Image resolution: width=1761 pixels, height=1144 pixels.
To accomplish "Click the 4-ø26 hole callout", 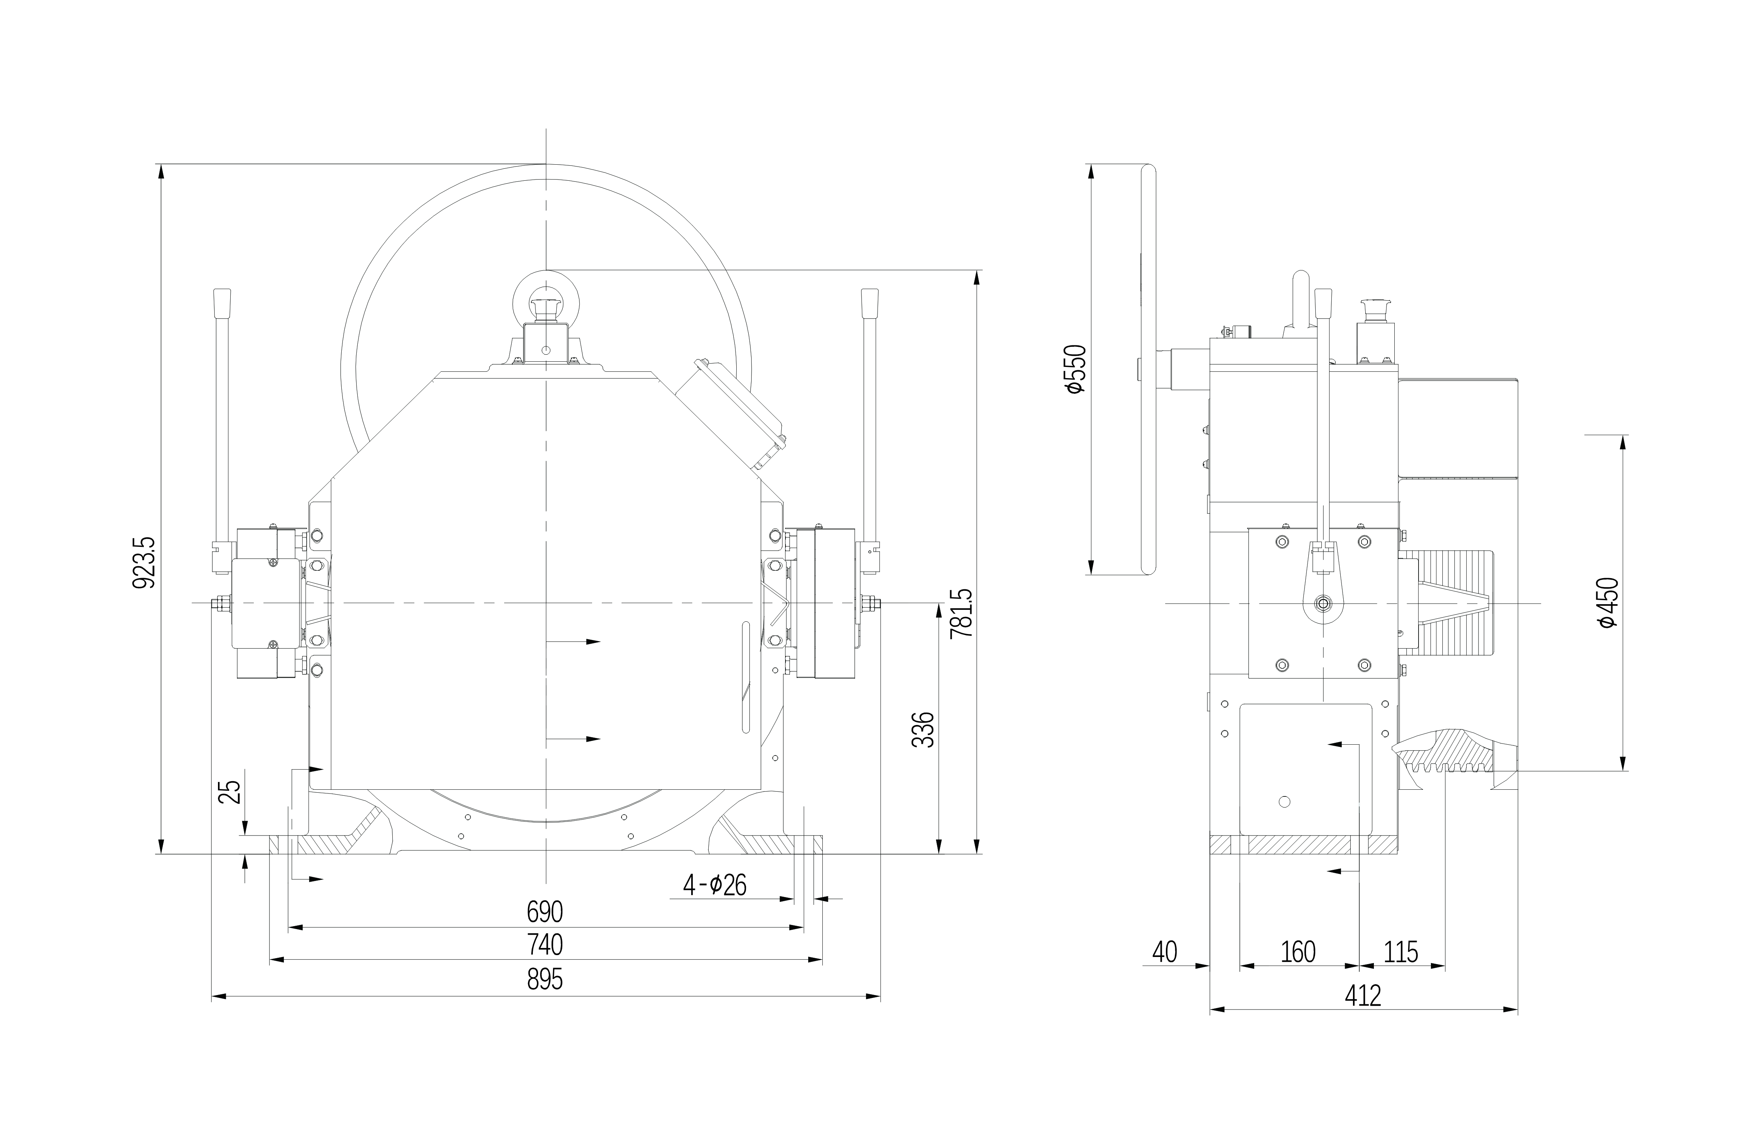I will click(715, 884).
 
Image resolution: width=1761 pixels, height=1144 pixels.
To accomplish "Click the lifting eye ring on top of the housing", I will click(546, 302).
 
